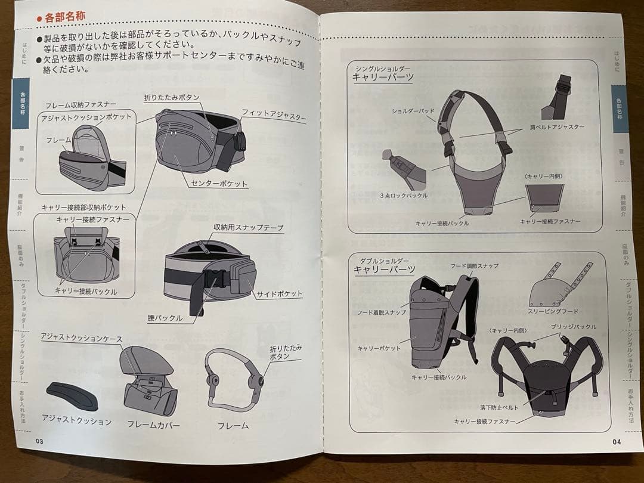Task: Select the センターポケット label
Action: coord(219,183)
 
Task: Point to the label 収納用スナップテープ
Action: coord(248,228)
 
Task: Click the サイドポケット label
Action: coord(280,293)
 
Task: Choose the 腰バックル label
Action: coord(165,318)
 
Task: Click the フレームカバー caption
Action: coord(153,425)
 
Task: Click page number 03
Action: coord(40,441)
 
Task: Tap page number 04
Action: coord(616,442)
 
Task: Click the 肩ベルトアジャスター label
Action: coord(556,127)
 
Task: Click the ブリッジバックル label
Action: coord(573,327)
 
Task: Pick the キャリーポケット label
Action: coord(379,348)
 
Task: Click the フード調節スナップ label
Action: coord(474,265)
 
